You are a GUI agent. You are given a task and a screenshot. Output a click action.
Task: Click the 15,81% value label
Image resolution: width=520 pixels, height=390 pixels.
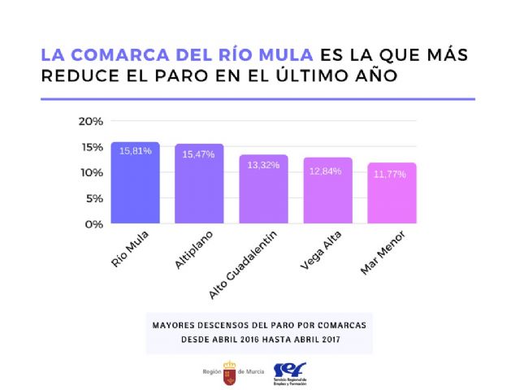(x=135, y=151)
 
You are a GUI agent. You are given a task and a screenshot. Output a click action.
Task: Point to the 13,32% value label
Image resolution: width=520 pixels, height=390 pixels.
(x=263, y=165)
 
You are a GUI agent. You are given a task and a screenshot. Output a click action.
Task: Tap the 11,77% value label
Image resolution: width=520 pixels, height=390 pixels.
(x=392, y=174)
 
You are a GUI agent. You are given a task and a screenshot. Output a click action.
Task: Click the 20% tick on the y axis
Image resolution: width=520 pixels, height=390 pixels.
(x=90, y=121)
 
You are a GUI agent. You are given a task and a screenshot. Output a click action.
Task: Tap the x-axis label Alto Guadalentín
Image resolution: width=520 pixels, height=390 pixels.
(x=246, y=262)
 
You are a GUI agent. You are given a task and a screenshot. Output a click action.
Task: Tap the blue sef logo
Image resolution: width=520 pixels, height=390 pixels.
(x=288, y=370)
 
